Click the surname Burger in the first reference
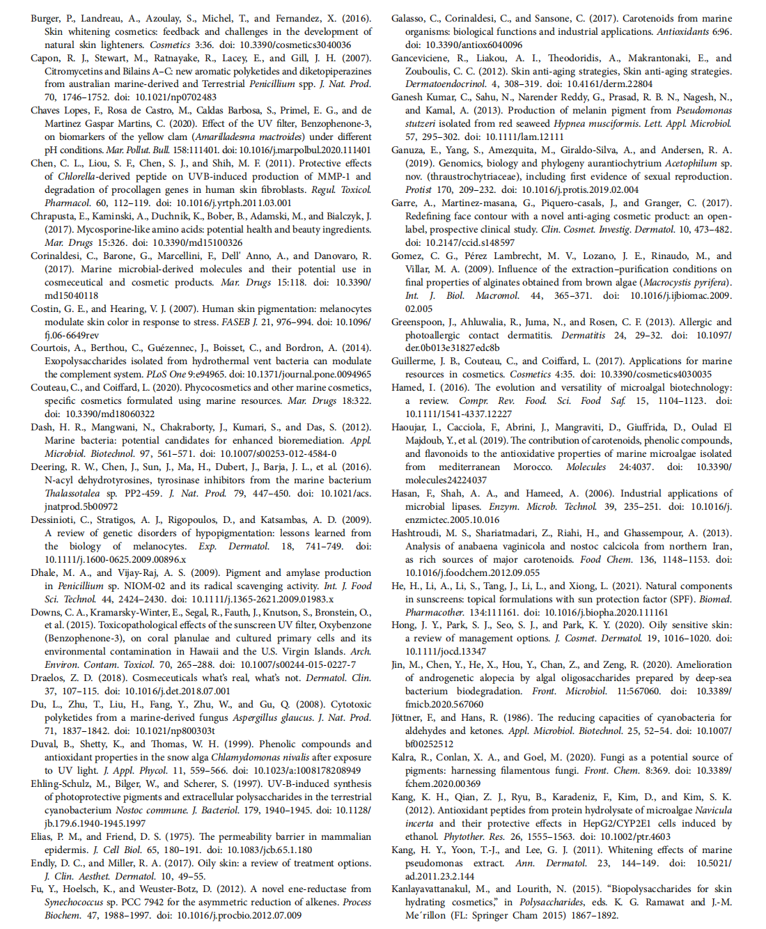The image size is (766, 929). tap(46, 19)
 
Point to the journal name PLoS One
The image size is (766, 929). tap(171, 375)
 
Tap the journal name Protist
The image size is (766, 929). tap(419, 190)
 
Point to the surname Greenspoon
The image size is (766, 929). tap(416, 322)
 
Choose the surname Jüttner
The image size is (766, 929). tap(407, 718)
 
